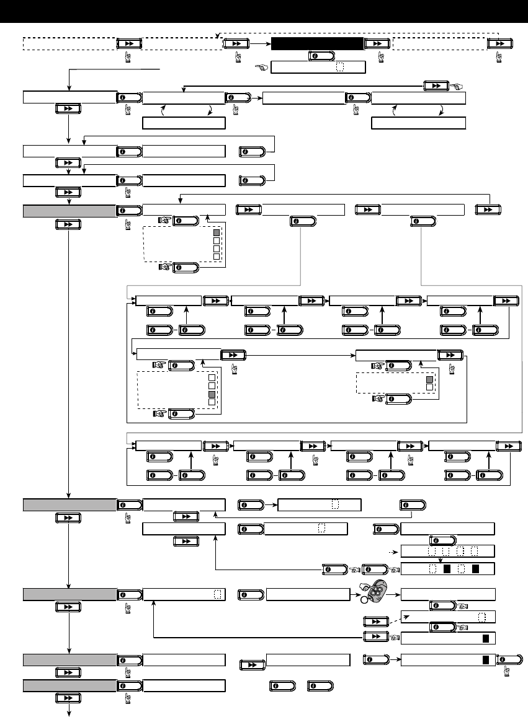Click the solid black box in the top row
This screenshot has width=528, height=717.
[316, 43]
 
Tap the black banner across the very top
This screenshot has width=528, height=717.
[264, 12]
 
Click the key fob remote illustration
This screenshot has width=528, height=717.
[376, 589]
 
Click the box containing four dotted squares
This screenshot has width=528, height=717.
[448, 551]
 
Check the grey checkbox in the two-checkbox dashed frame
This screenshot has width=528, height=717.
[428, 379]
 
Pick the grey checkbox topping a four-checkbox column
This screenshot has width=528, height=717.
[217, 233]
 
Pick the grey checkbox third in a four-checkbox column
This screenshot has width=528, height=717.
[212, 394]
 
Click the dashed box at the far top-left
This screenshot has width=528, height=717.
[69, 43]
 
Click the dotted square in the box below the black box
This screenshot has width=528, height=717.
[339, 68]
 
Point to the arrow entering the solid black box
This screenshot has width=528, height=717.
[261, 43]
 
